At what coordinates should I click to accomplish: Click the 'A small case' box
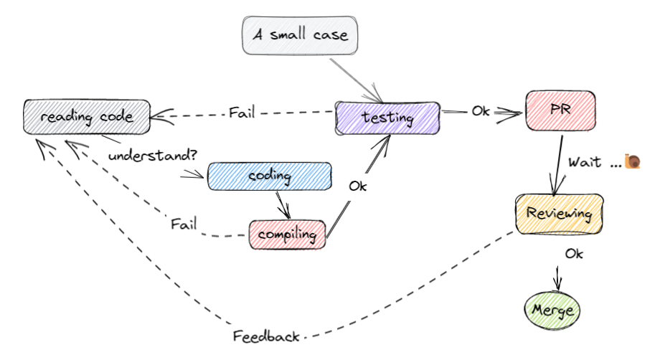tap(300, 35)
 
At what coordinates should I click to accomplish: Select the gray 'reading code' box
tap(87, 117)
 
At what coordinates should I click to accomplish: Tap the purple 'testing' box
tap(387, 118)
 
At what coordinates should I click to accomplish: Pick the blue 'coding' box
tap(270, 176)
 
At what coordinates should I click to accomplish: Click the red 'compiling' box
tap(287, 235)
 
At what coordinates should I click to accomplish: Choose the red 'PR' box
tap(560, 110)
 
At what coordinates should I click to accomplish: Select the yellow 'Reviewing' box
tap(559, 214)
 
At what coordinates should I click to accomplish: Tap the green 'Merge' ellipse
tap(552, 311)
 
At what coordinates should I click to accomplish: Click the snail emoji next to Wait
tap(632, 161)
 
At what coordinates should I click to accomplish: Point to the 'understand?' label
tap(152, 156)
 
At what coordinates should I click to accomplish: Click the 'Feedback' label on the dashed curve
tap(266, 336)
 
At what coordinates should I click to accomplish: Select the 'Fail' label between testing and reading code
tap(242, 113)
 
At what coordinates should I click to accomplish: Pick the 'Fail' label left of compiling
tap(184, 224)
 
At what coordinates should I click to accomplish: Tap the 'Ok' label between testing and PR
tap(481, 111)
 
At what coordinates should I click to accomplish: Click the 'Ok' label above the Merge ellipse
tap(574, 254)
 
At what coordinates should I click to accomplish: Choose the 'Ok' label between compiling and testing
tap(358, 186)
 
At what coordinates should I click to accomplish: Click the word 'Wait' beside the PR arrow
tap(585, 162)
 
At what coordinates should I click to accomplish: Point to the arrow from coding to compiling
tap(283, 205)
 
